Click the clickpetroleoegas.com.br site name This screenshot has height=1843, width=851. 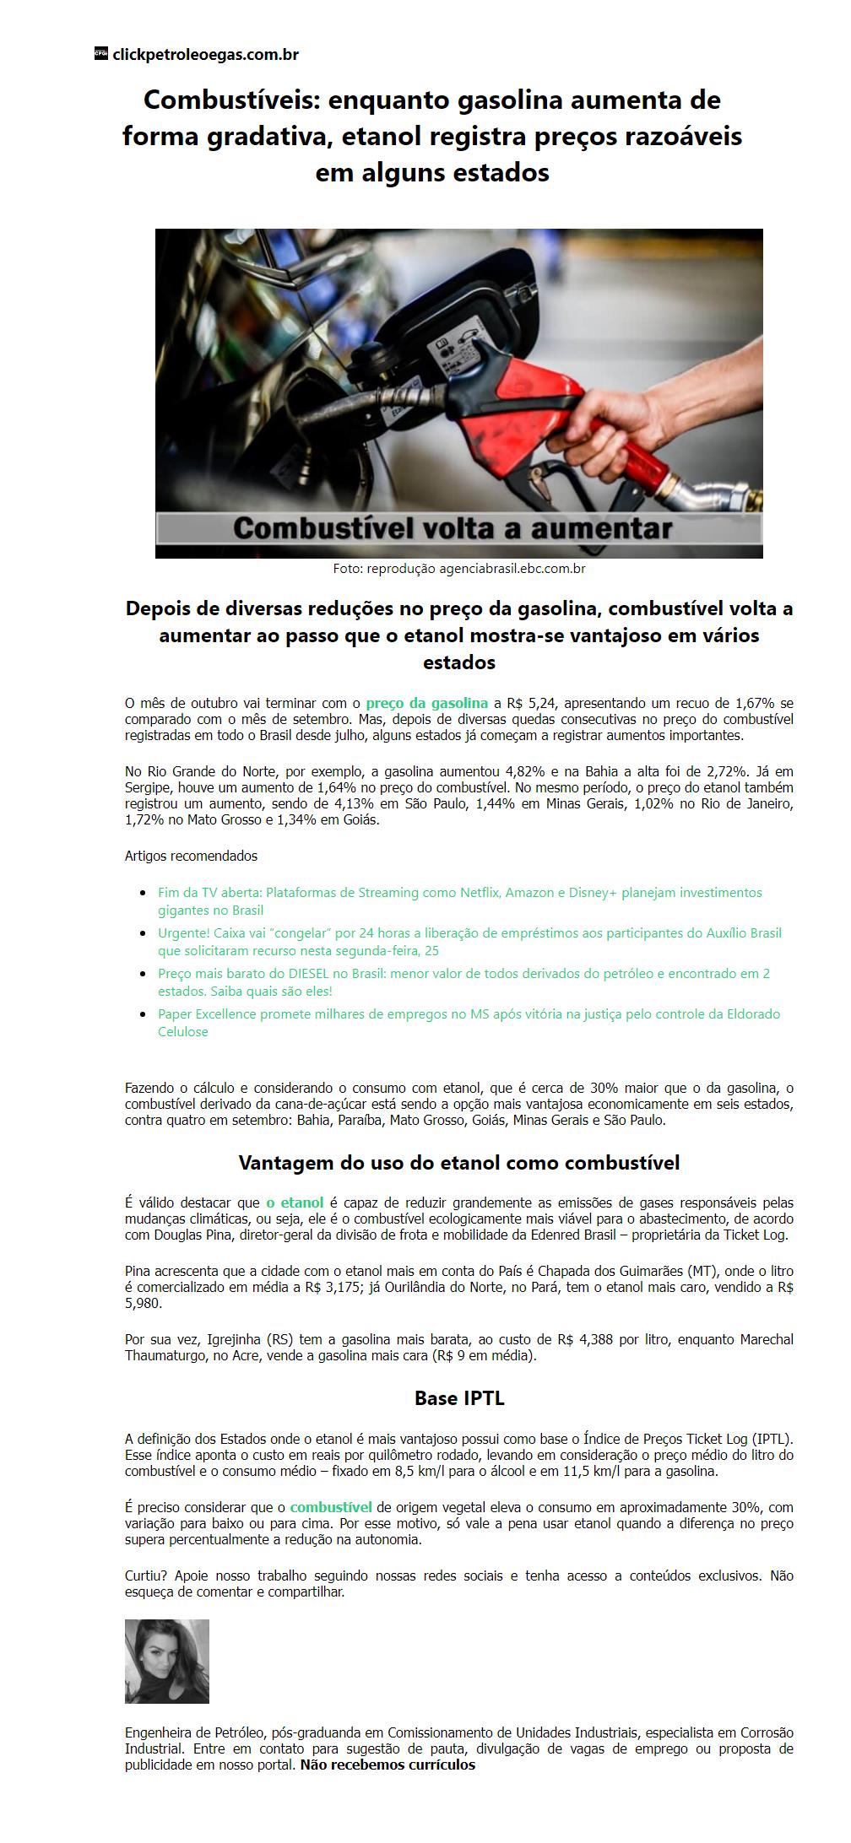pos(205,55)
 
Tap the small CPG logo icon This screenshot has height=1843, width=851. pos(100,54)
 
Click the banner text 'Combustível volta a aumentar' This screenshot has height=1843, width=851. pos(453,529)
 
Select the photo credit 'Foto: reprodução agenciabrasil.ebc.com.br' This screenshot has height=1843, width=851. pos(458,569)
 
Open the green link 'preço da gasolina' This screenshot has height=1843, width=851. pos(426,703)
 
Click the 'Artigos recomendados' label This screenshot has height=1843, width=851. pos(191,856)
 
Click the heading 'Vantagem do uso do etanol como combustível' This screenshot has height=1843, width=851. pos(458,1163)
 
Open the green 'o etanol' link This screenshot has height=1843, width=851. pos(295,1203)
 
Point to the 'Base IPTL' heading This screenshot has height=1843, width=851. pos(458,1398)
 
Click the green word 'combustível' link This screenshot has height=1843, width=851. pos(330,1507)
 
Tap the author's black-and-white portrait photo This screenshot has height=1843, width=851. pos(167,1662)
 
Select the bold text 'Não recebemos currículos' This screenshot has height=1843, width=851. pos(388,1765)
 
